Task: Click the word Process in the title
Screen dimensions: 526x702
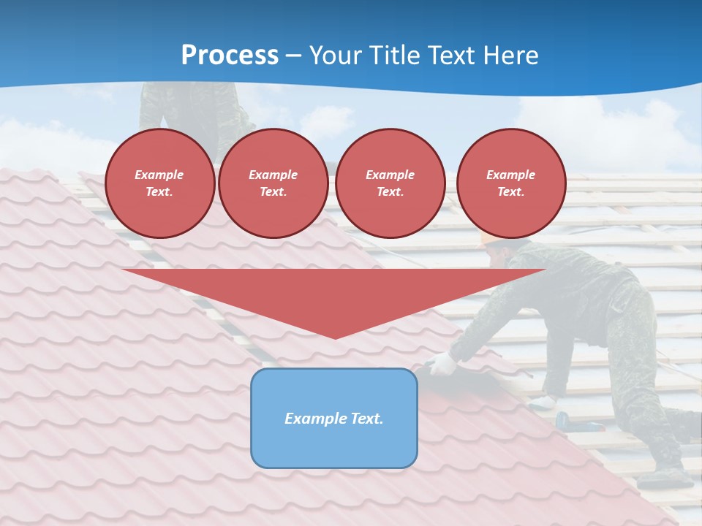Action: [230, 56]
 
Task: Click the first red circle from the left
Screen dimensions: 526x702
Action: [160, 183]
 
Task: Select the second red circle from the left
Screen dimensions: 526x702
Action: [273, 183]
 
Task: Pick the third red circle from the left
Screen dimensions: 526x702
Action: [390, 183]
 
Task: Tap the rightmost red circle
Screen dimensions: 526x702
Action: [511, 183]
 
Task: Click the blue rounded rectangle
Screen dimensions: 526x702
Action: [334, 418]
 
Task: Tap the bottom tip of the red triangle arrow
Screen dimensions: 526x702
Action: [335, 337]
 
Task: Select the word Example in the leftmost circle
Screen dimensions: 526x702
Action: [159, 175]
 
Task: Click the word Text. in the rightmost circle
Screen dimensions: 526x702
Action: [511, 192]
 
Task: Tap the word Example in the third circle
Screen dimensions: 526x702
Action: [390, 175]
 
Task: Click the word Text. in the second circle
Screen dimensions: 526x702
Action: [273, 192]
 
